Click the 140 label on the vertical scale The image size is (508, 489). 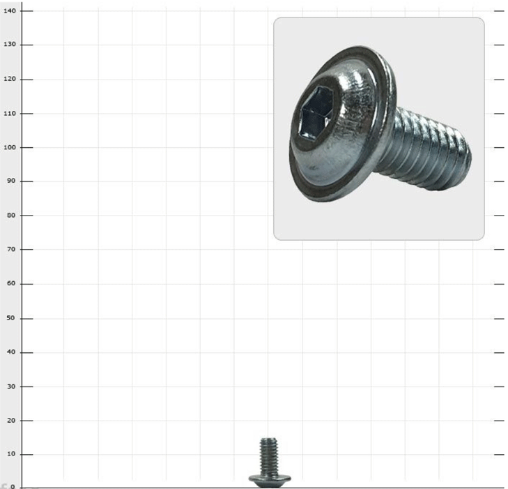pyautogui.click(x=10, y=10)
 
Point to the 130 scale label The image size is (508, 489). pyautogui.click(x=10, y=45)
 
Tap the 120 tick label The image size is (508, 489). pyautogui.click(x=10, y=79)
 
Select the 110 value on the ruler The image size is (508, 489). pyautogui.click(x=10, y=113)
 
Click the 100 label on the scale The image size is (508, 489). pyautogui.click(x=10, y=147)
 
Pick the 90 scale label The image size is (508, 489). pyautogui.click(x=11, y=181)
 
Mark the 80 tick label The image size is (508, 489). pyautogui.click(x=11, y=215)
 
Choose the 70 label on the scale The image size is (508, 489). pyautogui.click(x=11, y=249)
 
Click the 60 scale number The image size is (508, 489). pyautogui.click(x=11, y=283)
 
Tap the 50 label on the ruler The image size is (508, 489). pyautogui.click(x=11, y=318)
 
